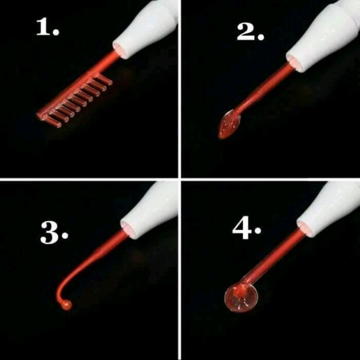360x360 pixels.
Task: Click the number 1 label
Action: coord(48,27)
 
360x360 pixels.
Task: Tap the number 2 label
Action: coord(250,32)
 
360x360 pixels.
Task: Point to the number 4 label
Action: coord(247,228)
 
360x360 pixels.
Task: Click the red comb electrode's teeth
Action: coord(78,101)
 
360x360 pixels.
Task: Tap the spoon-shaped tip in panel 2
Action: coord(229,124)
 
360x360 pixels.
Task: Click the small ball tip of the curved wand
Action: coord(67,305)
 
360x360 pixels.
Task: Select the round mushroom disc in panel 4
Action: coord(241,297)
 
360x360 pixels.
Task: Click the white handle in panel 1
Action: coord(146,27)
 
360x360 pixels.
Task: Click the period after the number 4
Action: coord(258,230)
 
